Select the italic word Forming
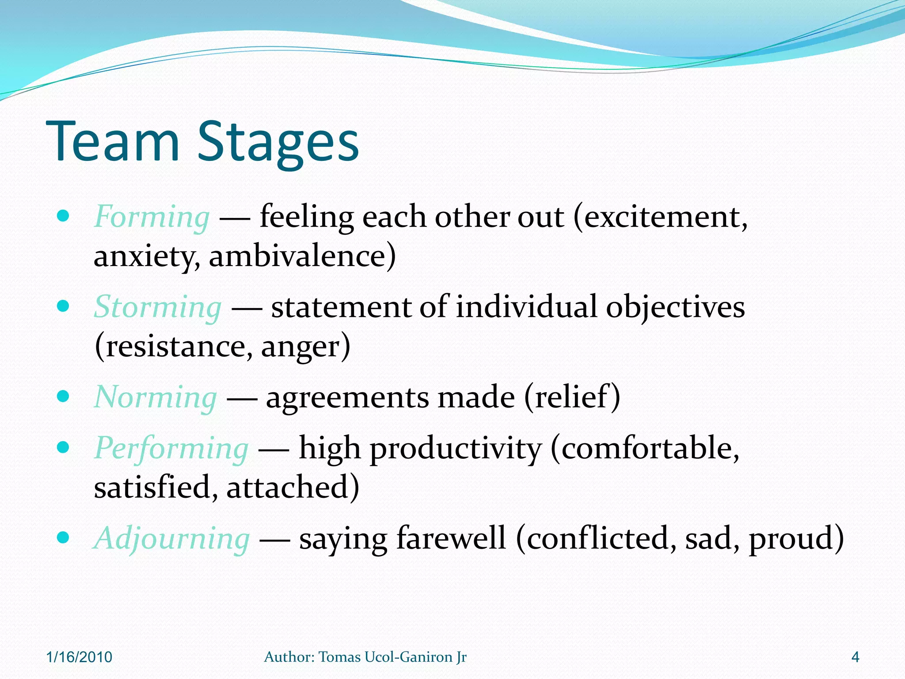click(152, 217)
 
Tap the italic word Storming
click(158, 307)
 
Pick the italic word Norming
click(156, 397)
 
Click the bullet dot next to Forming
click(64, 216)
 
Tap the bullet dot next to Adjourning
click(64, 538)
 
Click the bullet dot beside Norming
click(64, 396)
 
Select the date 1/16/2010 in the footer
click(79, 657)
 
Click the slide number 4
click(855, 657)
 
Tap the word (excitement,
click(660, 217)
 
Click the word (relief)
click(572, 397)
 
